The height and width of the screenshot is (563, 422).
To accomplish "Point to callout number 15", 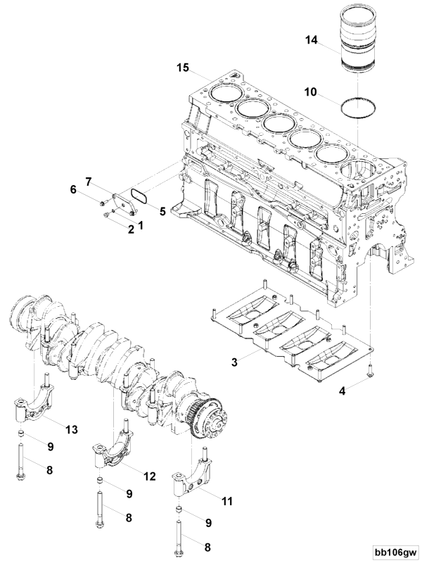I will click(183, 68).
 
